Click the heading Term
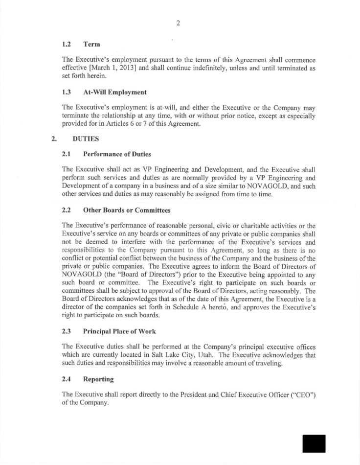coord(91,45)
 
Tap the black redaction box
coord(314,443)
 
